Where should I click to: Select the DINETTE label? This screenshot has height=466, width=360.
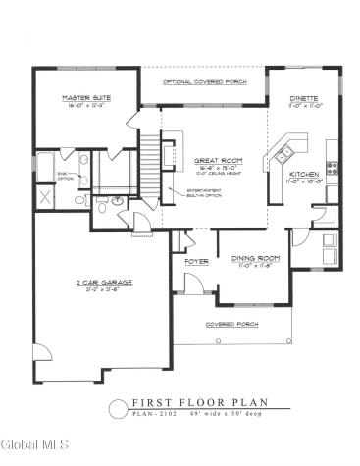click(x=304, y=99)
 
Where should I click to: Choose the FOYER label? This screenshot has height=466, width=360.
click(x=195, y=262)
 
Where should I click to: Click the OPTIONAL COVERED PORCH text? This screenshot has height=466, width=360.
click(x=203, y=81)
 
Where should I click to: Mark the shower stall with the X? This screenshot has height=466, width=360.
click(x=44, y=195)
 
